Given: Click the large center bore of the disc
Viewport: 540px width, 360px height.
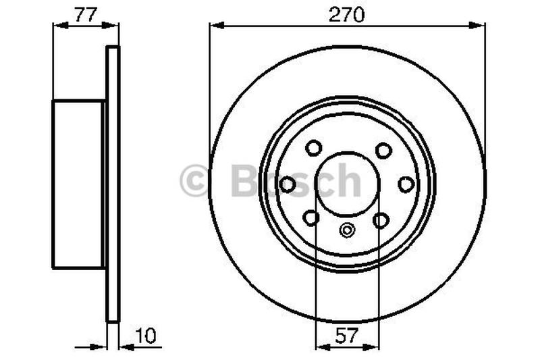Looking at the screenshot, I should coord(347,182).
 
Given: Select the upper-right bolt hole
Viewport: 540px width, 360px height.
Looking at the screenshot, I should coord(383,149).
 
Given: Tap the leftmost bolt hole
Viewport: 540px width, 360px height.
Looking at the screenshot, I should coord(288,184).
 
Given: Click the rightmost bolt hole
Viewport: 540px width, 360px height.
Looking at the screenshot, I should coord(406,184).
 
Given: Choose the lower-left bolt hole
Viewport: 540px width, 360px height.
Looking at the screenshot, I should coord(311,218).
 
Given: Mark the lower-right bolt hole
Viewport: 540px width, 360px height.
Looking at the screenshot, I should coord(381,220).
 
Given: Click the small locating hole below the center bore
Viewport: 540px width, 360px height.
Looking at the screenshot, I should coord(347,230).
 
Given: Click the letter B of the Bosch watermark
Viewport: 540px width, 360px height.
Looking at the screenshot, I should coord(244,181).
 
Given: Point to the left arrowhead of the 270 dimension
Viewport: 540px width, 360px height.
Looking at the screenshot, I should coord(215,26).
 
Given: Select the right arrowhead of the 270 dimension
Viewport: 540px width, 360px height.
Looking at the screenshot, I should coord(480,26).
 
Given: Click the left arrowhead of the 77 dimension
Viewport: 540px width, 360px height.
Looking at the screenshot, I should coord(57,26).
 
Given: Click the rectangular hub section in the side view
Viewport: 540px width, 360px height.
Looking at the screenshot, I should coord(78,184).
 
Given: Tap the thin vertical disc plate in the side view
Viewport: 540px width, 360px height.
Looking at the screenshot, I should coord(113,184).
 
